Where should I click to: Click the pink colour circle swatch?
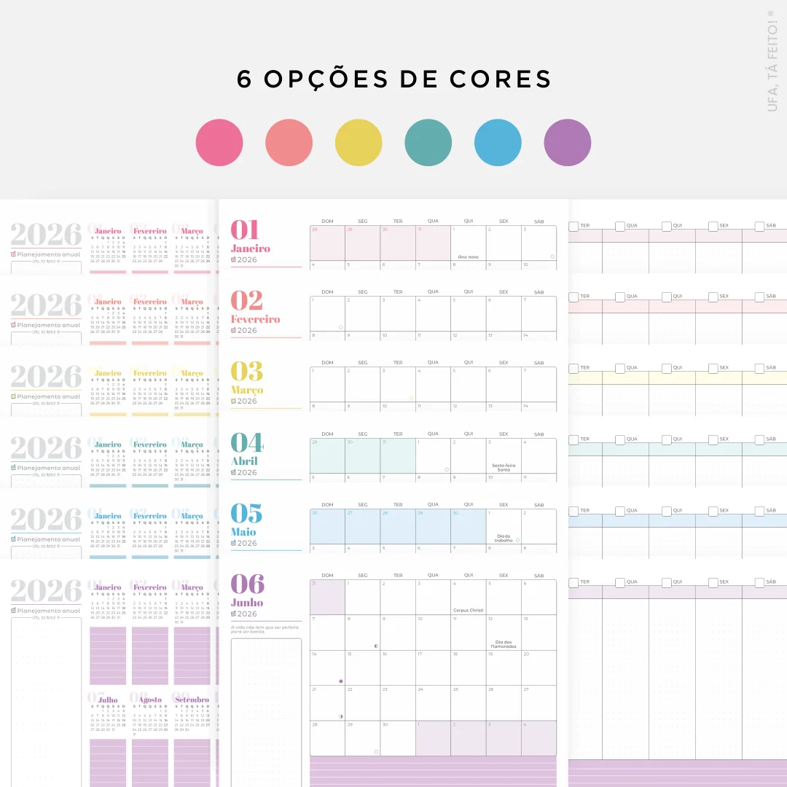219,143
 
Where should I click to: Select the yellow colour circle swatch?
359,143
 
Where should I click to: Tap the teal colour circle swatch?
428,143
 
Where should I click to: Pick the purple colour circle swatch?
568,143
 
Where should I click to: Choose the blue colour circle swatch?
498,143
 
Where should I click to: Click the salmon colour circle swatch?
289,143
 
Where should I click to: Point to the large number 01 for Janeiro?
246,230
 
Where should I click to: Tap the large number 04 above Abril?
246,443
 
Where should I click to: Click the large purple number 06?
248,584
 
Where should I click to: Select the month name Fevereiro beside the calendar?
255,319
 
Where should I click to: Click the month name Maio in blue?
243,532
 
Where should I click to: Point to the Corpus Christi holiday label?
468,610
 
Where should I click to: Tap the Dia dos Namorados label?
503,644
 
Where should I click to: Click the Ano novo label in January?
468,257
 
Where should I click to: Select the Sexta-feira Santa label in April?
504,467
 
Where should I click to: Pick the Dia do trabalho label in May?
503,539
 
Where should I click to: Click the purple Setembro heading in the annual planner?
192,700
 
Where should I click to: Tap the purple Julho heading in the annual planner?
108,700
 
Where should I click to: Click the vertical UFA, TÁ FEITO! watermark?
773,61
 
